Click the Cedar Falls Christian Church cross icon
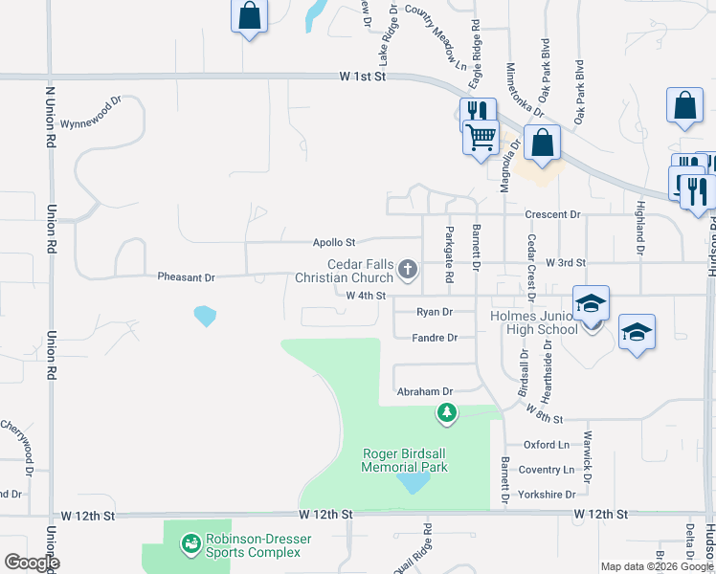point(409,269)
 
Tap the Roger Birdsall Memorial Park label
point(404,460)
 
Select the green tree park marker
point(446,413)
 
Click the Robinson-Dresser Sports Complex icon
point(190,544)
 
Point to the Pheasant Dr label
point(187,276)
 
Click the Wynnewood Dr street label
point(91,124)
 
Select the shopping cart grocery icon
point(481,135)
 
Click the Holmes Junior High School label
point(532,322)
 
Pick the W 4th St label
point(366,296)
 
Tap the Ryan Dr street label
point(435,312)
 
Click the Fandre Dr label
point(435,338)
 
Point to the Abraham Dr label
point(423,391)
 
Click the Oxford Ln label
point(546,445)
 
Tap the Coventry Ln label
point(548,470)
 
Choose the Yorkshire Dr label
point(548,495)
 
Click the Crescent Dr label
point(553,215)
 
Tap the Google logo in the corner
point(32,563)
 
